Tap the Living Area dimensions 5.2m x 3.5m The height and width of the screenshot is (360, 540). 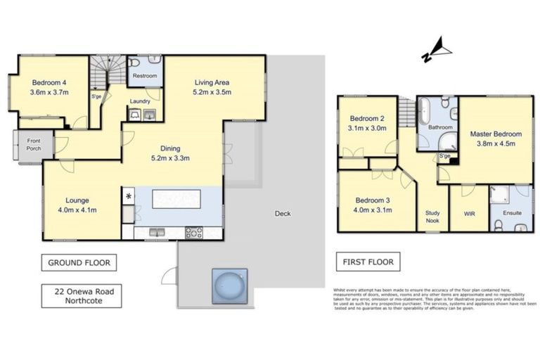pyautogui.click(x=212, y=92)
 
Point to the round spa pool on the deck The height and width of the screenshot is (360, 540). pyautogui.click(x=231, y=285)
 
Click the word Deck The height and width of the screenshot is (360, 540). pyautogui.click(x=283, y=214)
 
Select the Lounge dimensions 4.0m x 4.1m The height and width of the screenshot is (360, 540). pyautogui.click(x=77, y=210)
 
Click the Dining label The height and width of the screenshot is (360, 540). pyautogui.click(x=169, y=148)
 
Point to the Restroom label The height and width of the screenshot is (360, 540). pyautogui.click(x=144, y=75)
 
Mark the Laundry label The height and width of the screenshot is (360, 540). pyautogui.click(x=141, y=101)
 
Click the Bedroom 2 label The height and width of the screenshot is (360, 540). pyautogui.click(x=368, y=118)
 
